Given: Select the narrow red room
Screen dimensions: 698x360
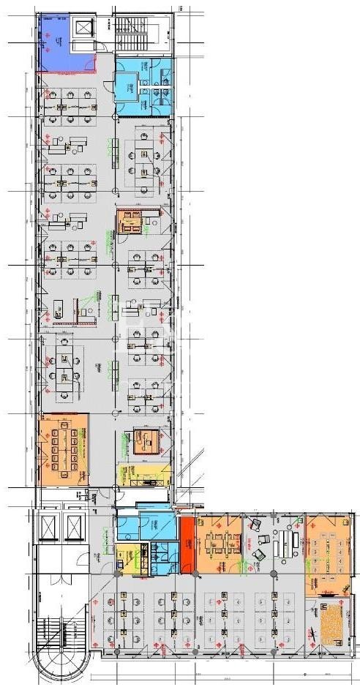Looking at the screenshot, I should (187, 545).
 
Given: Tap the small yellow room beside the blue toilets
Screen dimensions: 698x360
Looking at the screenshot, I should (126, 557).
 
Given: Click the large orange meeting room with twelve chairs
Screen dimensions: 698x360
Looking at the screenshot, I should (64, 448).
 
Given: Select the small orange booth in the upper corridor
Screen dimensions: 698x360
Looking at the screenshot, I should (132, 221).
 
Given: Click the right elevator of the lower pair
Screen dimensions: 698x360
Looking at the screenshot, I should (75, 526).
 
